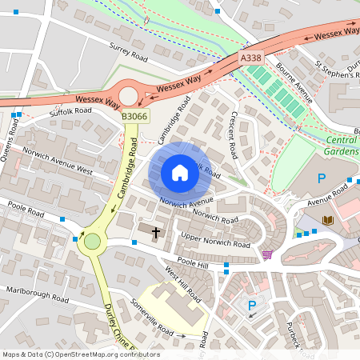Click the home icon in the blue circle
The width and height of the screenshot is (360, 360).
[x=180, y=173]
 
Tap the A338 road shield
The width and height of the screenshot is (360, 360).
[x=250, y=59]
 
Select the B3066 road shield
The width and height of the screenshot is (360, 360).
[x=134, y=117]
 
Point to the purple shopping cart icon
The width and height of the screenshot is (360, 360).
[x=266, y=254]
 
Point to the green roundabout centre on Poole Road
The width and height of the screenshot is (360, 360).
[x=93, y=241]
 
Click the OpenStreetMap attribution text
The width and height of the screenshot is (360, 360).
[x=80, y=354]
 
